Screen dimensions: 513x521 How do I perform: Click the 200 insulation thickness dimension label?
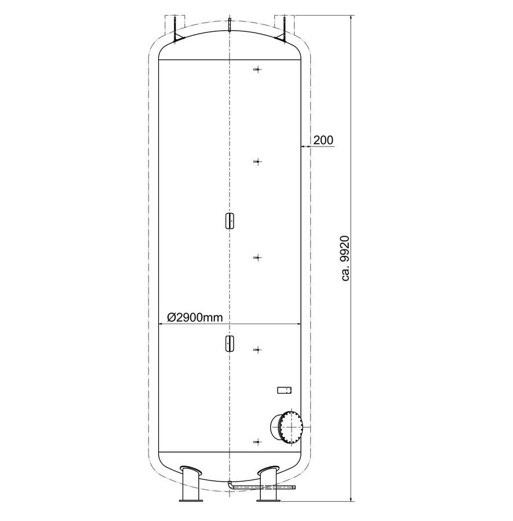point(323,140)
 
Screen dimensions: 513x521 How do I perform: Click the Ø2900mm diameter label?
point(195,318)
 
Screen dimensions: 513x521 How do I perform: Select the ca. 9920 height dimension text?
point(345,259)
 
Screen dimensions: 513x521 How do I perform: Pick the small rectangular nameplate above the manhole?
point(285,390)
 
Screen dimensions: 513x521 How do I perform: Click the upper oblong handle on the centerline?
point(230,221)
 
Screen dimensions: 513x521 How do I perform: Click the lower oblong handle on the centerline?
point(230,343)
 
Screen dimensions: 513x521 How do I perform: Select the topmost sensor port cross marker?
point(257,69)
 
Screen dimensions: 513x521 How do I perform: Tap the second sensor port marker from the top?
point(257,162)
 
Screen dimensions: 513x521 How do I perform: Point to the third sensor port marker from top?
point(257,258)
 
